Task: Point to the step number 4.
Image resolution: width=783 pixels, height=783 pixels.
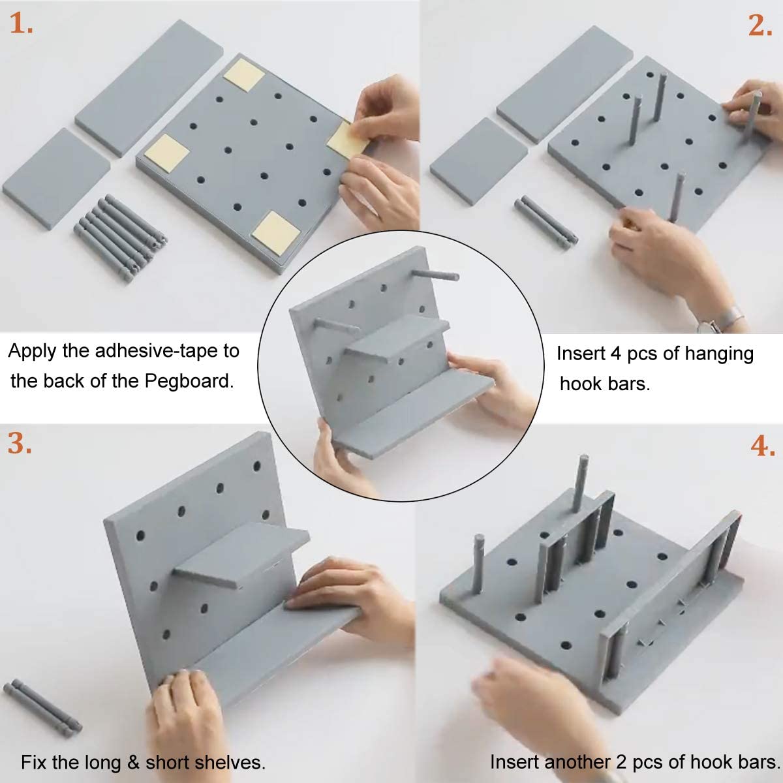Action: (762, 446)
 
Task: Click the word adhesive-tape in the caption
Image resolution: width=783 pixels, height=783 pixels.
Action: (157, 351)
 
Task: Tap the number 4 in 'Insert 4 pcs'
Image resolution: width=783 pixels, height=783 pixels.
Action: (615, 354)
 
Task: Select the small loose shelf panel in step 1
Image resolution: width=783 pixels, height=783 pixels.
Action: (55, 177)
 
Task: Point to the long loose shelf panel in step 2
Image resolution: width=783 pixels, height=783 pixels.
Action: (565, 83)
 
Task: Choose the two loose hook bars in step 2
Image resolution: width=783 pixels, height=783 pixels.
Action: (545, 222)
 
